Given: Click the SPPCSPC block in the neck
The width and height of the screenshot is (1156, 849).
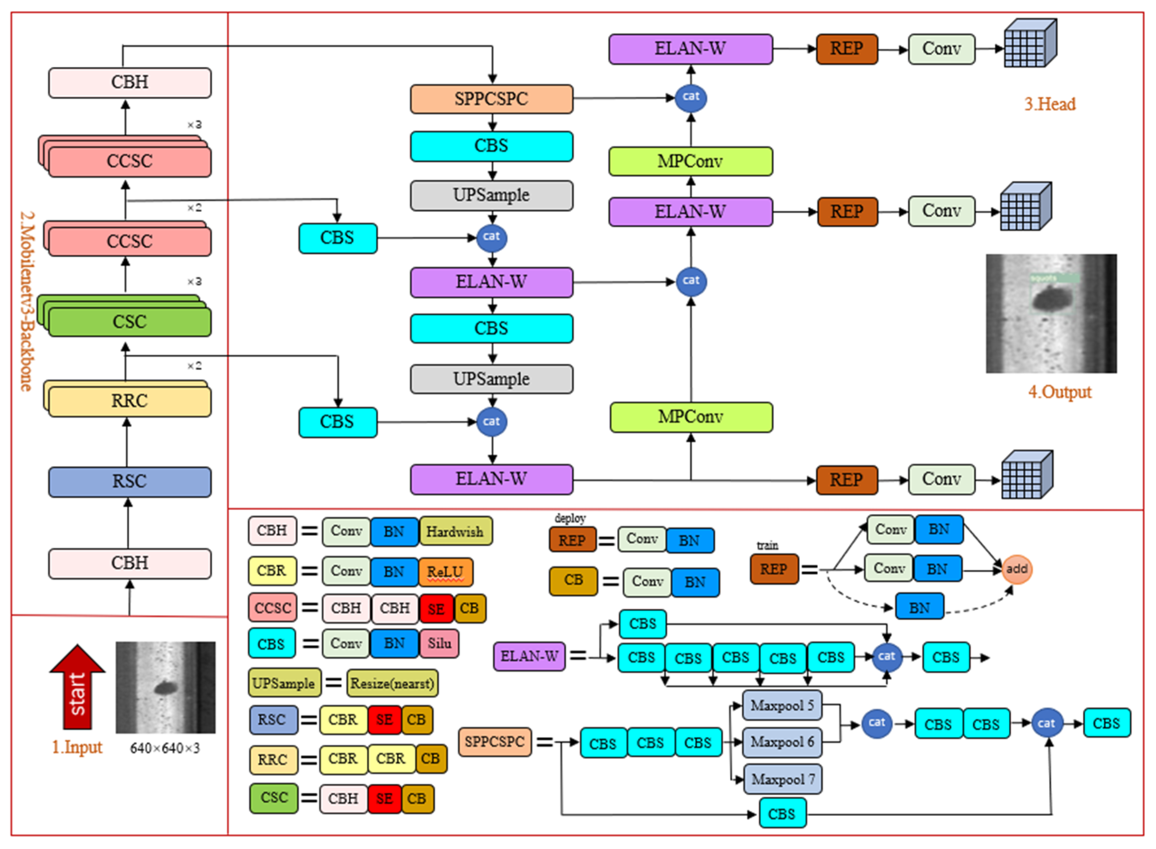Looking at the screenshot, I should click(491, 99).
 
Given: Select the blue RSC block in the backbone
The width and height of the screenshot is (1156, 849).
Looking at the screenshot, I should click(130, 482).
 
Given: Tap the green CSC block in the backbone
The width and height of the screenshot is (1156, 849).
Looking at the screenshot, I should click(130, 322).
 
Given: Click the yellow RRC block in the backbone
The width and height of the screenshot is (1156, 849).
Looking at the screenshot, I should click(130, 401).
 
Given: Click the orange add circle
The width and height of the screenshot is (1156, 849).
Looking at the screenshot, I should click(1016, 569).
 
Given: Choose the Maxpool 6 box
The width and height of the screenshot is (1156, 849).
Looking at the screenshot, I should click(782, 742).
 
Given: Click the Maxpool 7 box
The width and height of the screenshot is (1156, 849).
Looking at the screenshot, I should click(783, 779).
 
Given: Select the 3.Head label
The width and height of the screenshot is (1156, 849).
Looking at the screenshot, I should click(1049, 104).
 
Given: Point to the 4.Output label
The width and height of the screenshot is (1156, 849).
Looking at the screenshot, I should click(1059, 392).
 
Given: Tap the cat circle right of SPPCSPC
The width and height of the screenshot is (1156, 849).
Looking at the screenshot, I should click(691, 97).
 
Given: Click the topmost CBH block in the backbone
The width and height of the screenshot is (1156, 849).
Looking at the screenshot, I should click(130, 82).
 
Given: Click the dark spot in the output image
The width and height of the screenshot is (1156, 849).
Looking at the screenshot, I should click(1051, 298).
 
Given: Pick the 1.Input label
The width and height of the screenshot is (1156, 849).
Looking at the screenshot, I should click(77, 747).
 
